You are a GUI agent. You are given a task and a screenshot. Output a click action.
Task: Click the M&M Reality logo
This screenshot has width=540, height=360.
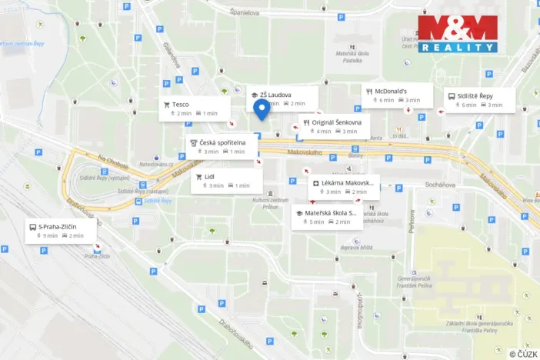pos(457,33)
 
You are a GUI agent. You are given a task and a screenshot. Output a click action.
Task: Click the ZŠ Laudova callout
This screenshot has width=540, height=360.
pos(282,98)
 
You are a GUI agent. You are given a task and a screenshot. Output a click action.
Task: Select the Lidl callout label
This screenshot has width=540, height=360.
pos(226,181)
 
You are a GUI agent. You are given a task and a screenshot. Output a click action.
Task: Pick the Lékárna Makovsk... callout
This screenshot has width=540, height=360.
pos(344,187)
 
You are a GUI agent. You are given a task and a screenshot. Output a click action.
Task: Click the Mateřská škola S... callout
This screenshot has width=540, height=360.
pos(327,217)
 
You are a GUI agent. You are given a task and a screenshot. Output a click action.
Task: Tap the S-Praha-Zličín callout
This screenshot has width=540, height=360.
pos(61,231)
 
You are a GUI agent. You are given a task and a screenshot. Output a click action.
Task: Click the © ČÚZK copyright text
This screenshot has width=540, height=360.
pos(522,353)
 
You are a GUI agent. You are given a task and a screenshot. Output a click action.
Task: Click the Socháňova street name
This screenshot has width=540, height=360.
pos(439,185)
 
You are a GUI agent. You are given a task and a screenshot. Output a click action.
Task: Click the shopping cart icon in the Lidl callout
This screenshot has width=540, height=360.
pos(198,176)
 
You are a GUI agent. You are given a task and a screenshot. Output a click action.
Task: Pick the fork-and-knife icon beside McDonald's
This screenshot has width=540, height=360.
pos(369,89)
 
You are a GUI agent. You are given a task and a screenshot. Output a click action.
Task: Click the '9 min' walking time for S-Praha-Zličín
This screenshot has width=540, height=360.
pos(51,235)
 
